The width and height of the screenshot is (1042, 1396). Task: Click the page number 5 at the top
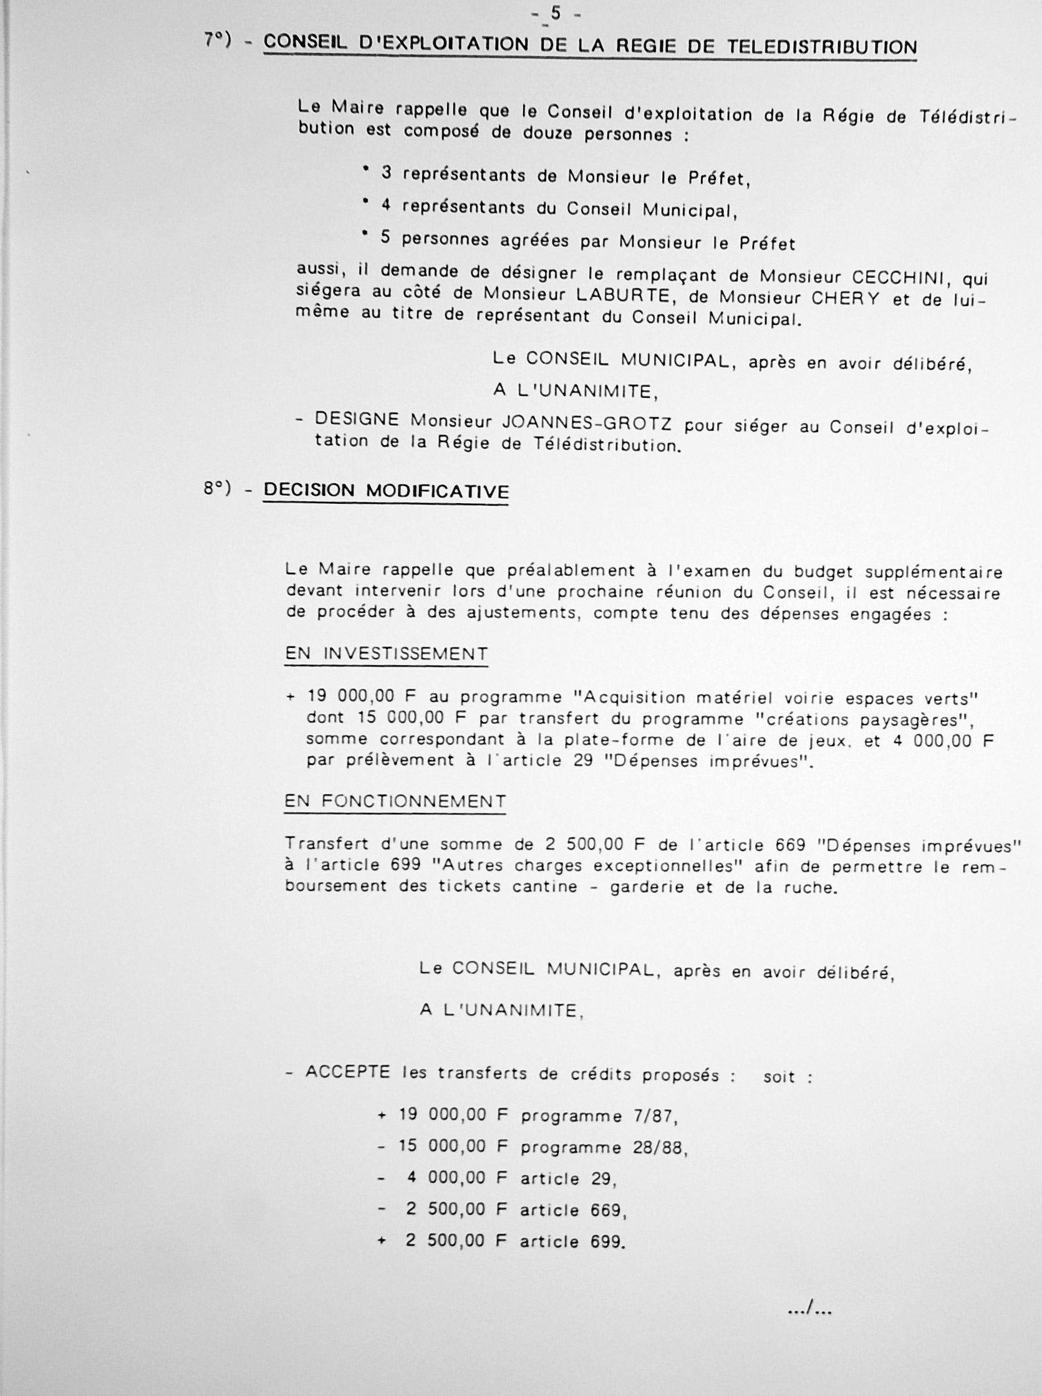click(555, 12)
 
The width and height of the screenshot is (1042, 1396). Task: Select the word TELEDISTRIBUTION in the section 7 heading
click(822, 47)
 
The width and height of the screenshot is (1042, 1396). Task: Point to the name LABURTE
click(644, 294)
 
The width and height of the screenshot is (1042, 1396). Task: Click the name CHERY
click(847, 298)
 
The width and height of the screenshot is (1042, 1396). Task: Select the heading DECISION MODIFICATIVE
click(385, 491)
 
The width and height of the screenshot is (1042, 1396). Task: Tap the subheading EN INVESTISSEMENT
click(386, 654)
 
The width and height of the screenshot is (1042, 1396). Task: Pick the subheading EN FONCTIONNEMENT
click(395, 801)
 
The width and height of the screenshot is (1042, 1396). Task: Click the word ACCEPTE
click(347, 1072)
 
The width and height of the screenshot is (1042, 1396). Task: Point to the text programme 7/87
click(599, 1117)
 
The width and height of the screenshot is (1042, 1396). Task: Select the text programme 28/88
click(604, 1148)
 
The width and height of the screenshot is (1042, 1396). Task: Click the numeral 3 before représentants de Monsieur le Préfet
click(386, 173)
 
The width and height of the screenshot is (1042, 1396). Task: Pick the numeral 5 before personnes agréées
click(386, 238)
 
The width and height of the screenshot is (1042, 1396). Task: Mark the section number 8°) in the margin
click(218, 489)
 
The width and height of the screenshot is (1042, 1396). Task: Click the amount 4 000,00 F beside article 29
click(457, 1178)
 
